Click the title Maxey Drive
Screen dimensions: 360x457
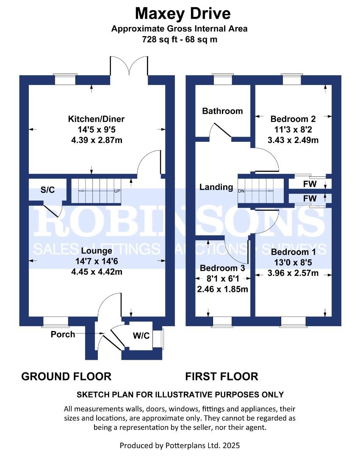(x=183, y=14)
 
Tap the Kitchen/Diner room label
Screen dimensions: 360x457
(x=96, y=119)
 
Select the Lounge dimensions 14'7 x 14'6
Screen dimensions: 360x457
(x=97, y=261)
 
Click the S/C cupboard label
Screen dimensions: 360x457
(x=47, y=190)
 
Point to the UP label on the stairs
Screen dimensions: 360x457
(x=117, y=191)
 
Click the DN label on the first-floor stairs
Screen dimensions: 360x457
(x=241, y=191)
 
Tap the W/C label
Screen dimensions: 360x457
(x=141, y=336)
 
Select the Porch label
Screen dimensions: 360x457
(x=63, y=334)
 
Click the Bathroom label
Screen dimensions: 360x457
(x=222, y=111)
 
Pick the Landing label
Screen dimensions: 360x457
(x=216, y=187)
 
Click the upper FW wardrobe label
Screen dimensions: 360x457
(x=310, y=184)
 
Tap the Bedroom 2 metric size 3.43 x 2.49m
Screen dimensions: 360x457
(x=293, y=140)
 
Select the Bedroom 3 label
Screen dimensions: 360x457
(x=222, y=268)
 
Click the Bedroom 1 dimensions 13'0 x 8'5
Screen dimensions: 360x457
(x=293, y=263)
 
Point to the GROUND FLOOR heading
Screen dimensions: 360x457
(x=66, y=377)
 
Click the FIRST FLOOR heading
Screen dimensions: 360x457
(x=222, y=377)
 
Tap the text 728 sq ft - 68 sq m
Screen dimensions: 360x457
(x=180, y=39)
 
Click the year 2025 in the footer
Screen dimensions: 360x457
(x=231, y=445)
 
